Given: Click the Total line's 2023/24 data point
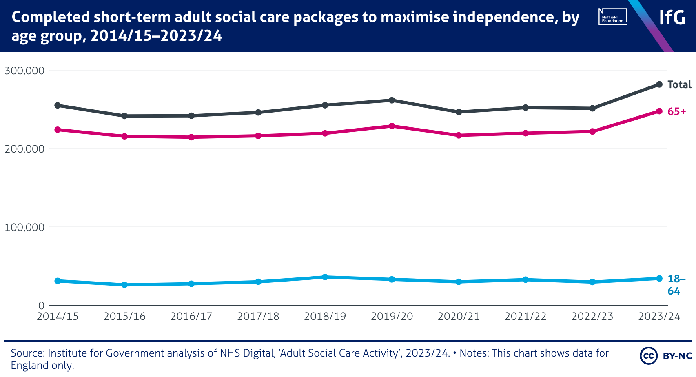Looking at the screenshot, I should click(x=659, y=84).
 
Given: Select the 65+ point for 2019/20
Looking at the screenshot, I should click(x=392, y=126).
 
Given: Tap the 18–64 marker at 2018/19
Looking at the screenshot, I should click(x=325, y=277).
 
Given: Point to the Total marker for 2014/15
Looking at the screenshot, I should click(x=58, y=105).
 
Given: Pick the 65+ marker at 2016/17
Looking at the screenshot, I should click(x=191, y=137).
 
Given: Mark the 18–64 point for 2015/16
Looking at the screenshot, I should click(x=124, y=285).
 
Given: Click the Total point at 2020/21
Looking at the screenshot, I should click(x=459, y=112).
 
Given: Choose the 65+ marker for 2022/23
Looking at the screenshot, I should click(x=592, y=131).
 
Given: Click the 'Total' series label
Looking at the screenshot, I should click(x=679, y=84).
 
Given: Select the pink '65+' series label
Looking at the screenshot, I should click(x=676, y=111).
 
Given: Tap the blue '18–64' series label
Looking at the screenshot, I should click(x=676, y=285).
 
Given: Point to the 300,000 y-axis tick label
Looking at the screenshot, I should click(x=24, y=71).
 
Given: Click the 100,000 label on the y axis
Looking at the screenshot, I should click(x=24, y=227).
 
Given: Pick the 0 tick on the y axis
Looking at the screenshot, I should click(x=41, y=306).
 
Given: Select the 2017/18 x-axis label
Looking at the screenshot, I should click(x=258, y=317).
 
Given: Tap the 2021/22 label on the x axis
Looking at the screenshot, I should click(x=525, y=317).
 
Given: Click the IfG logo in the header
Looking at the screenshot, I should click(x=672, y=18).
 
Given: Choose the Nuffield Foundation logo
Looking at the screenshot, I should click(x=612, y=17).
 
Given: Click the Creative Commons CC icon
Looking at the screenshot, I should click(x=648, y=356).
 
